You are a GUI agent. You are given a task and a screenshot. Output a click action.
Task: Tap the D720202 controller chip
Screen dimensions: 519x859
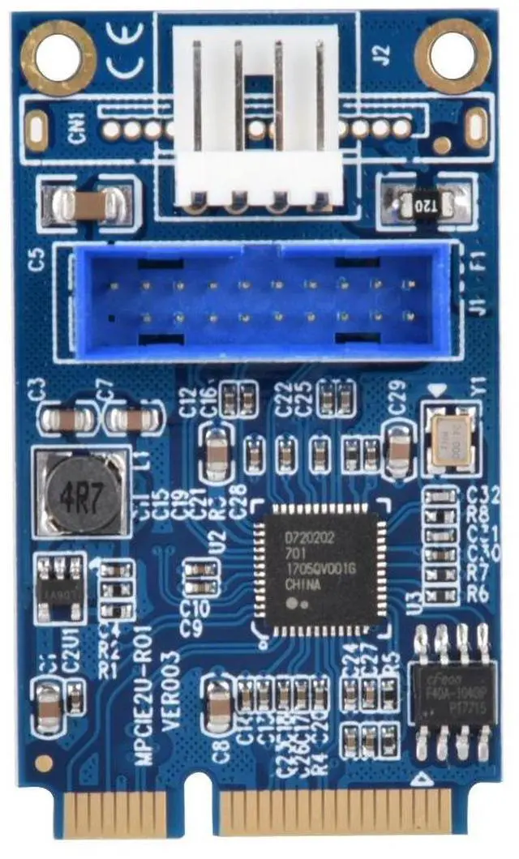tap(319, 563)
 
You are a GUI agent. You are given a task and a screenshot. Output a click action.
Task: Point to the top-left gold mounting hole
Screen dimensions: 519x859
tap(59, 57)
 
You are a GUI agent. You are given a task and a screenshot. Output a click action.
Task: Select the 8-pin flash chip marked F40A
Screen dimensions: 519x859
tap(452, 693)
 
